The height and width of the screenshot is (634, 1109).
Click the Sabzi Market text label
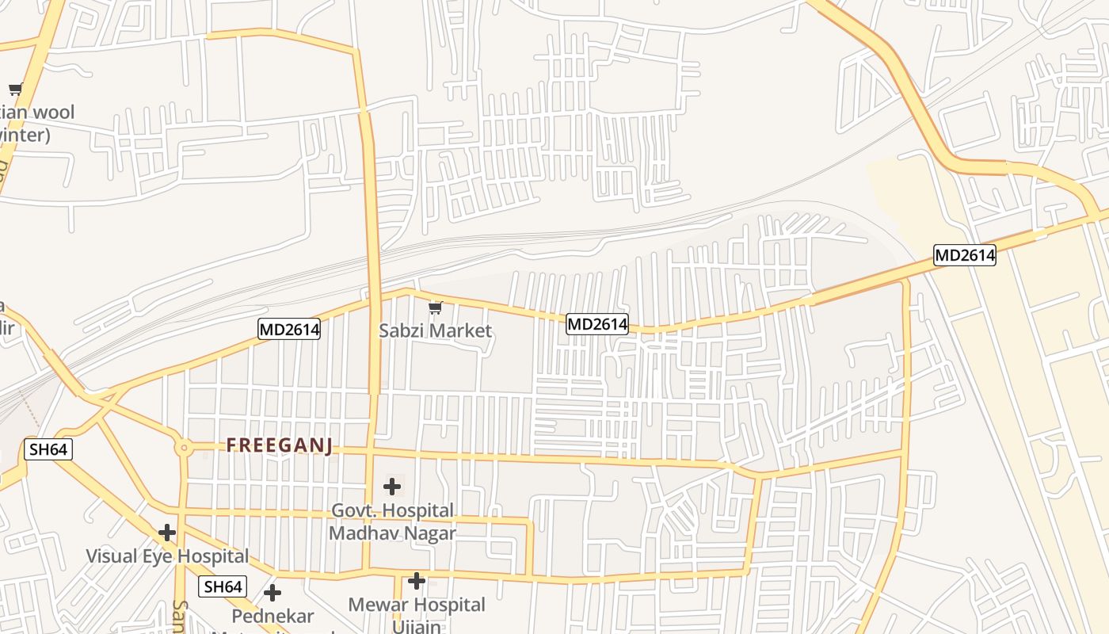pyautogui.click(x=435, y=330)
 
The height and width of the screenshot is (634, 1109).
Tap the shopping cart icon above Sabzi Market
pyautogui.click(x=435, y=307)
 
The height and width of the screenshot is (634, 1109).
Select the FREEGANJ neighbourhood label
pyautogui.click(x=279, y=445)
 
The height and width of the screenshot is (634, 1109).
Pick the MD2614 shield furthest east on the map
pyautogui.click(x=964, y=255)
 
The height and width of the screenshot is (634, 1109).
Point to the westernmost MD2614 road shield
pyautogui.click(x=289, y=329)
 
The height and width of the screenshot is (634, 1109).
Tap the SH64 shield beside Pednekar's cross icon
pyautogui.click(x=223, y=586)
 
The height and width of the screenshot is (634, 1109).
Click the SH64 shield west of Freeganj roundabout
pyautogui.click(x=48, y=449)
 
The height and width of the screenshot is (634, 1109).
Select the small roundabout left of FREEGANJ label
pyautogui.click(x=184, y=448)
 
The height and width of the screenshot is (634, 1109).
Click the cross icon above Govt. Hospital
pyautogui.click(x=392, y=487)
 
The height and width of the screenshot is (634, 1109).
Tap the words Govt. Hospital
pyautogui.click(x=392, y=510)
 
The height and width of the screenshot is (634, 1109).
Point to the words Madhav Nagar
pyautogui.click(x=392, y=533)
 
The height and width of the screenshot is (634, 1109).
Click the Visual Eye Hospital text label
pyautogui.click(x=167, y=556)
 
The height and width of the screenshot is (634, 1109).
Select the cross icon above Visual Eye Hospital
pyautogui.click(x=166, y=533)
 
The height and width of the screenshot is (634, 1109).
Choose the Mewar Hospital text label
pyautogui.click(x=417, y=605)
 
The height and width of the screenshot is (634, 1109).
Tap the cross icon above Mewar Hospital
pyautogui.click(x=417, y=582)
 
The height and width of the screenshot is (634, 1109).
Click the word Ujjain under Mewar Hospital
pyautogui.click(x=417, y=626)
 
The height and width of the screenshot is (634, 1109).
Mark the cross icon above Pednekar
pyautogui.click(x=272, y=593)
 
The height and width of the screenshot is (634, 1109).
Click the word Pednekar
pyautogui.click(x=272, y=616)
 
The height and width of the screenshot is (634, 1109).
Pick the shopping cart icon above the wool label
pyautogui.click(x=15, y=89)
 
